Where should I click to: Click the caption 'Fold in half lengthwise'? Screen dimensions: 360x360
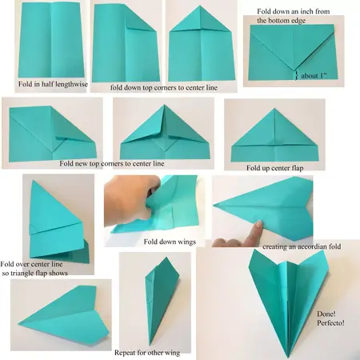click(50, 82)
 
